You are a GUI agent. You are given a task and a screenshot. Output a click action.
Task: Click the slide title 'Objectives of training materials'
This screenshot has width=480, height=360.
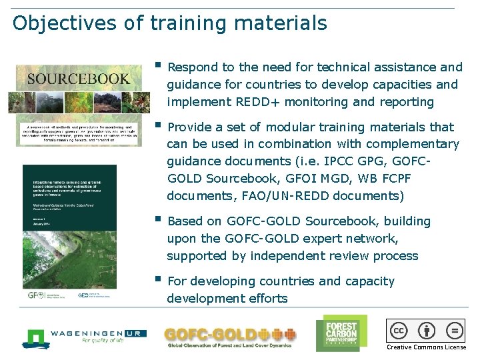pos(170,23)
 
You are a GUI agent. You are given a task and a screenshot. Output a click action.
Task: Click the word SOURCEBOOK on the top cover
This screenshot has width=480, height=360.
pos(78,79)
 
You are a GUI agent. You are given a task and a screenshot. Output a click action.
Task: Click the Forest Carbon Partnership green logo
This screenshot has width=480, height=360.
pos(341,332)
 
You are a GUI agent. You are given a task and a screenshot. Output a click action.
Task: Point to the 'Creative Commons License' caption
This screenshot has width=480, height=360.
pos(427,347)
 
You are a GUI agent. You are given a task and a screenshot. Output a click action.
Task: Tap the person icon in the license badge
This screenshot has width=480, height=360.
pos(427,331)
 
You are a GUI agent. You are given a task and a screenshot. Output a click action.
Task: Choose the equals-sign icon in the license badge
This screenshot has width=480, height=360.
pos(454,331)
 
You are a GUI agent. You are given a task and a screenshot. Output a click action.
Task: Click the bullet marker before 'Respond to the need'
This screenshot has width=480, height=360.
pos(157,65)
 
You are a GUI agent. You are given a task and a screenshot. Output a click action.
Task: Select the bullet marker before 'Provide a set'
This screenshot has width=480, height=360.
pos(157,125)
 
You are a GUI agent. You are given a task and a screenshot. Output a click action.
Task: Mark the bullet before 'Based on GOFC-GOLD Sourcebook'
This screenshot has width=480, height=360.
pos(157,219)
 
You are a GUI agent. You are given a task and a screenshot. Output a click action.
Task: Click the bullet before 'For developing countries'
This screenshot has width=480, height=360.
pos(157,279)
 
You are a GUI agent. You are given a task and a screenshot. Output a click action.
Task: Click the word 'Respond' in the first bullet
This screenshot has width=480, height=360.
pos(191,67)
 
